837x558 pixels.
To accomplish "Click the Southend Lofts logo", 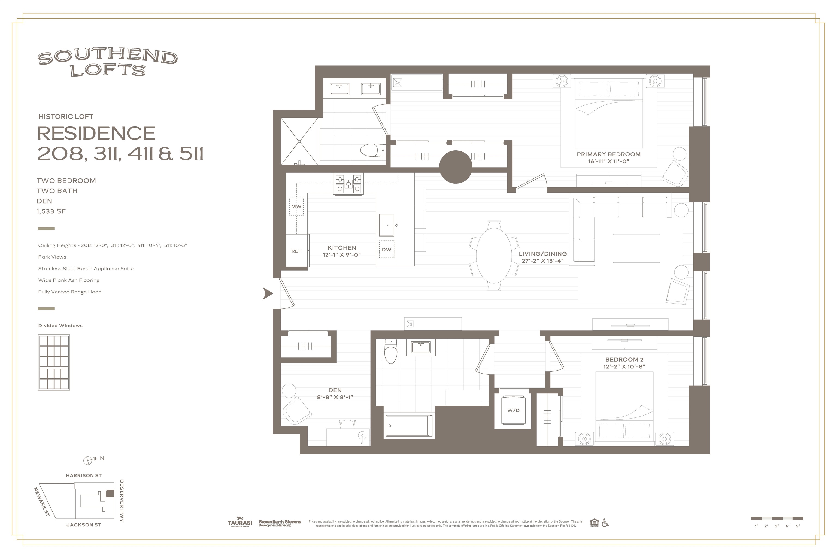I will click(x=107, y=63).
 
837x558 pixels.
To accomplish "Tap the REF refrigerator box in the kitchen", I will click(x=297, y=251).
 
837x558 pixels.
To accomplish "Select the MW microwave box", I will click(x=296, y=207).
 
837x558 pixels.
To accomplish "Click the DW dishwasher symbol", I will click(x=386, y=250).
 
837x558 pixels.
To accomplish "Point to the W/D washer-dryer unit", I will click(x=513, y=410).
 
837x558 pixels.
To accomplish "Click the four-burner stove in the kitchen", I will click(x=348, y=184).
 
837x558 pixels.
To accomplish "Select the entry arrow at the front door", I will click(x=267, y=294).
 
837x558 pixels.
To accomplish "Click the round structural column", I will click(x=456, y=166).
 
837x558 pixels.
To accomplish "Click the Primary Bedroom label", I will click(x=608, y=154).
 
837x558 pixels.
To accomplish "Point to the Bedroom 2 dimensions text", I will click(x=624, y=366).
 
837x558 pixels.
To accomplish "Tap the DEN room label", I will click(x=335, y=390).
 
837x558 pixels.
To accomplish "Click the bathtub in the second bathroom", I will click(x=409, y=425).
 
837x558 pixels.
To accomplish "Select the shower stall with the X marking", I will click(x=299, y=141).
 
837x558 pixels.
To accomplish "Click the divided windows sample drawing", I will click(x=54, y=362).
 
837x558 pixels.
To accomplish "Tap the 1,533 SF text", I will click(x=51, y=211).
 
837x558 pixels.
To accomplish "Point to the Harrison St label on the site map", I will click(x=84, y=475).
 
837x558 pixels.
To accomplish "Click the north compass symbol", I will click(x=88, y=460).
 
